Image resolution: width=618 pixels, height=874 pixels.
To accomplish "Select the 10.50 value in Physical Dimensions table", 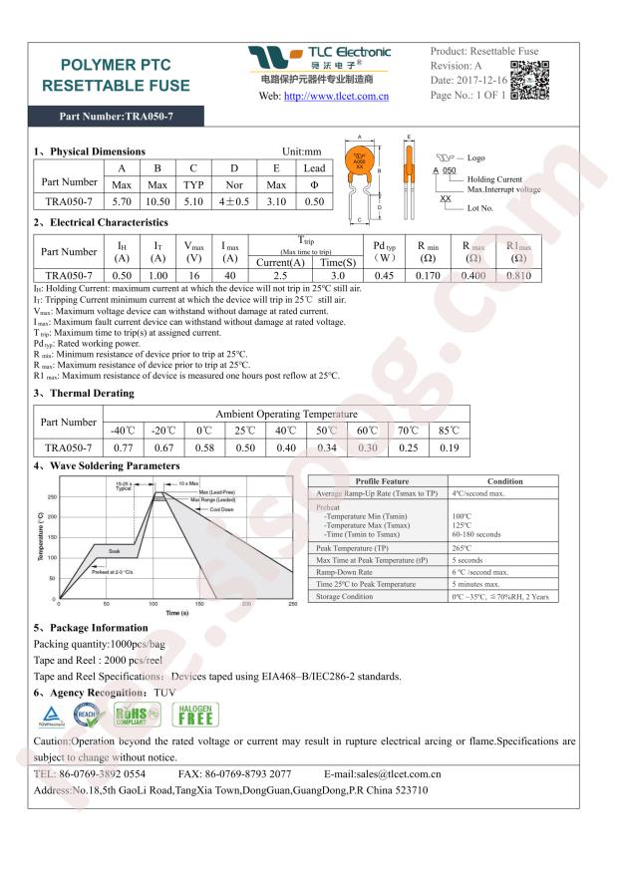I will tap(157, 202).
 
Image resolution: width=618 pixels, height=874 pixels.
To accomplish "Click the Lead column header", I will tap(314, 167).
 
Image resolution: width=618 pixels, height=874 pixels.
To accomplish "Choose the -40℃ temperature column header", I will tap(124, 431).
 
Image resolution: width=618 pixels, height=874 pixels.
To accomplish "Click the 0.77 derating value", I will tap(124, 448).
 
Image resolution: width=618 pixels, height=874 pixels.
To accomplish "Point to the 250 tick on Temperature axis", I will tap(51, 495).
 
